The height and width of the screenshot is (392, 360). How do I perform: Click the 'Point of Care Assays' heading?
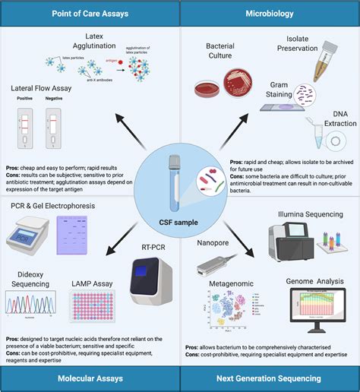click(90, 14)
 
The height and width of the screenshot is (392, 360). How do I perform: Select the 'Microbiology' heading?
click(270, 14)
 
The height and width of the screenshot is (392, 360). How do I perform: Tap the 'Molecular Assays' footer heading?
click(90, 378)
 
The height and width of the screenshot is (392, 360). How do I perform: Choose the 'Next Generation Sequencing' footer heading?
click(270, 378)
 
